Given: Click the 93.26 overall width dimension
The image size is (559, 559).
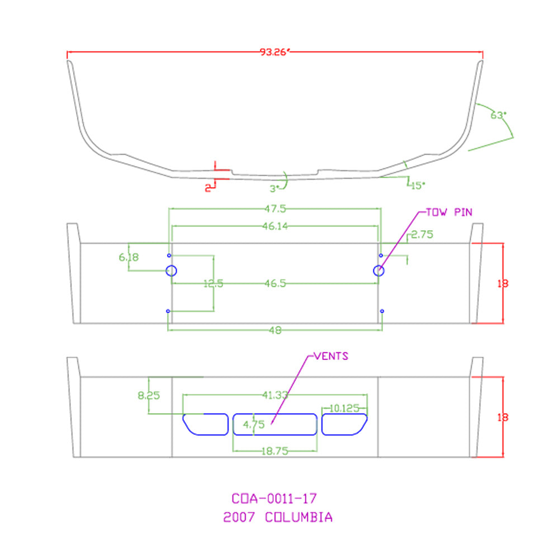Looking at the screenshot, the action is pyautogui.click(x=274, y=52).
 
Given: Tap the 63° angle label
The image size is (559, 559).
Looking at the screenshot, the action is pyautogui.click(x=498, y=115).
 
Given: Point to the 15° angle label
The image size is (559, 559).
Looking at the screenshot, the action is pyautogui.click(x=418, y=186).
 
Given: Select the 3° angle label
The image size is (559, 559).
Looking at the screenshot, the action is pyautogui.click(x=274, y=188).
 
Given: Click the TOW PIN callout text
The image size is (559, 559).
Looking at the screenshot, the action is pyautogui.click(x=449, y=212).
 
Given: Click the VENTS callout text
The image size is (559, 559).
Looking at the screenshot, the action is pyautogui.click(x=331, y=356).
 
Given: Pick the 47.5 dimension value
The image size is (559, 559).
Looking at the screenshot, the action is pyautogui.click(x=275, y=209).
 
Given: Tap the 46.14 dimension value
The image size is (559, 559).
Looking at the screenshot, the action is pyautogui.click(x=275, y=226).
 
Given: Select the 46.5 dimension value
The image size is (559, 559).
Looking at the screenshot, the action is pyautogui.click(x=275, y=283).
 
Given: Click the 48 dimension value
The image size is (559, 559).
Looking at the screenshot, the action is pyautogui.click(x=275, y=330).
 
